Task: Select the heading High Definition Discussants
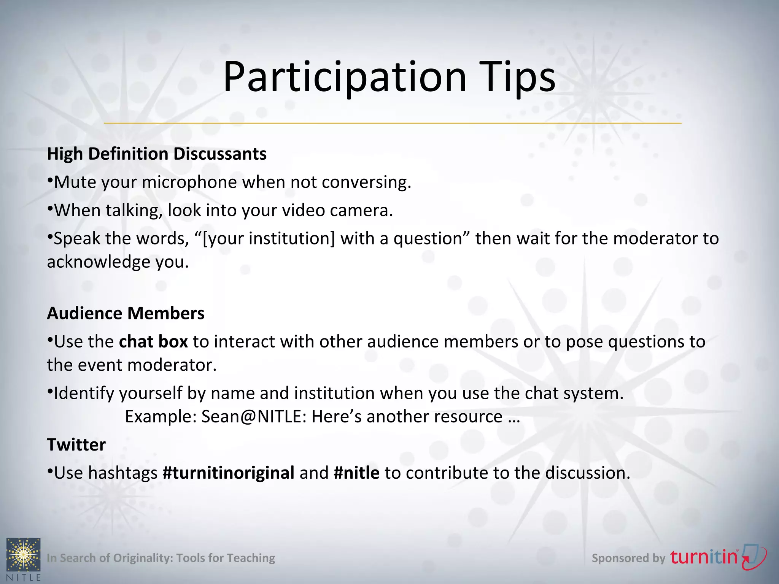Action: [157, 154]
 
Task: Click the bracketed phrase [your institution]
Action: [269, 238]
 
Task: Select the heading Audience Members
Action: [126, 313]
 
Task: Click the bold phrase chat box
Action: [153, 341]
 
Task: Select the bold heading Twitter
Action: [76, 444]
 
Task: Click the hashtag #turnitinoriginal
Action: [228, 473]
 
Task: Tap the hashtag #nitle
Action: [356, 473]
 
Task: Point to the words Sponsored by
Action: [628, 558]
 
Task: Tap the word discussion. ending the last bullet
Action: [588, 473]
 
